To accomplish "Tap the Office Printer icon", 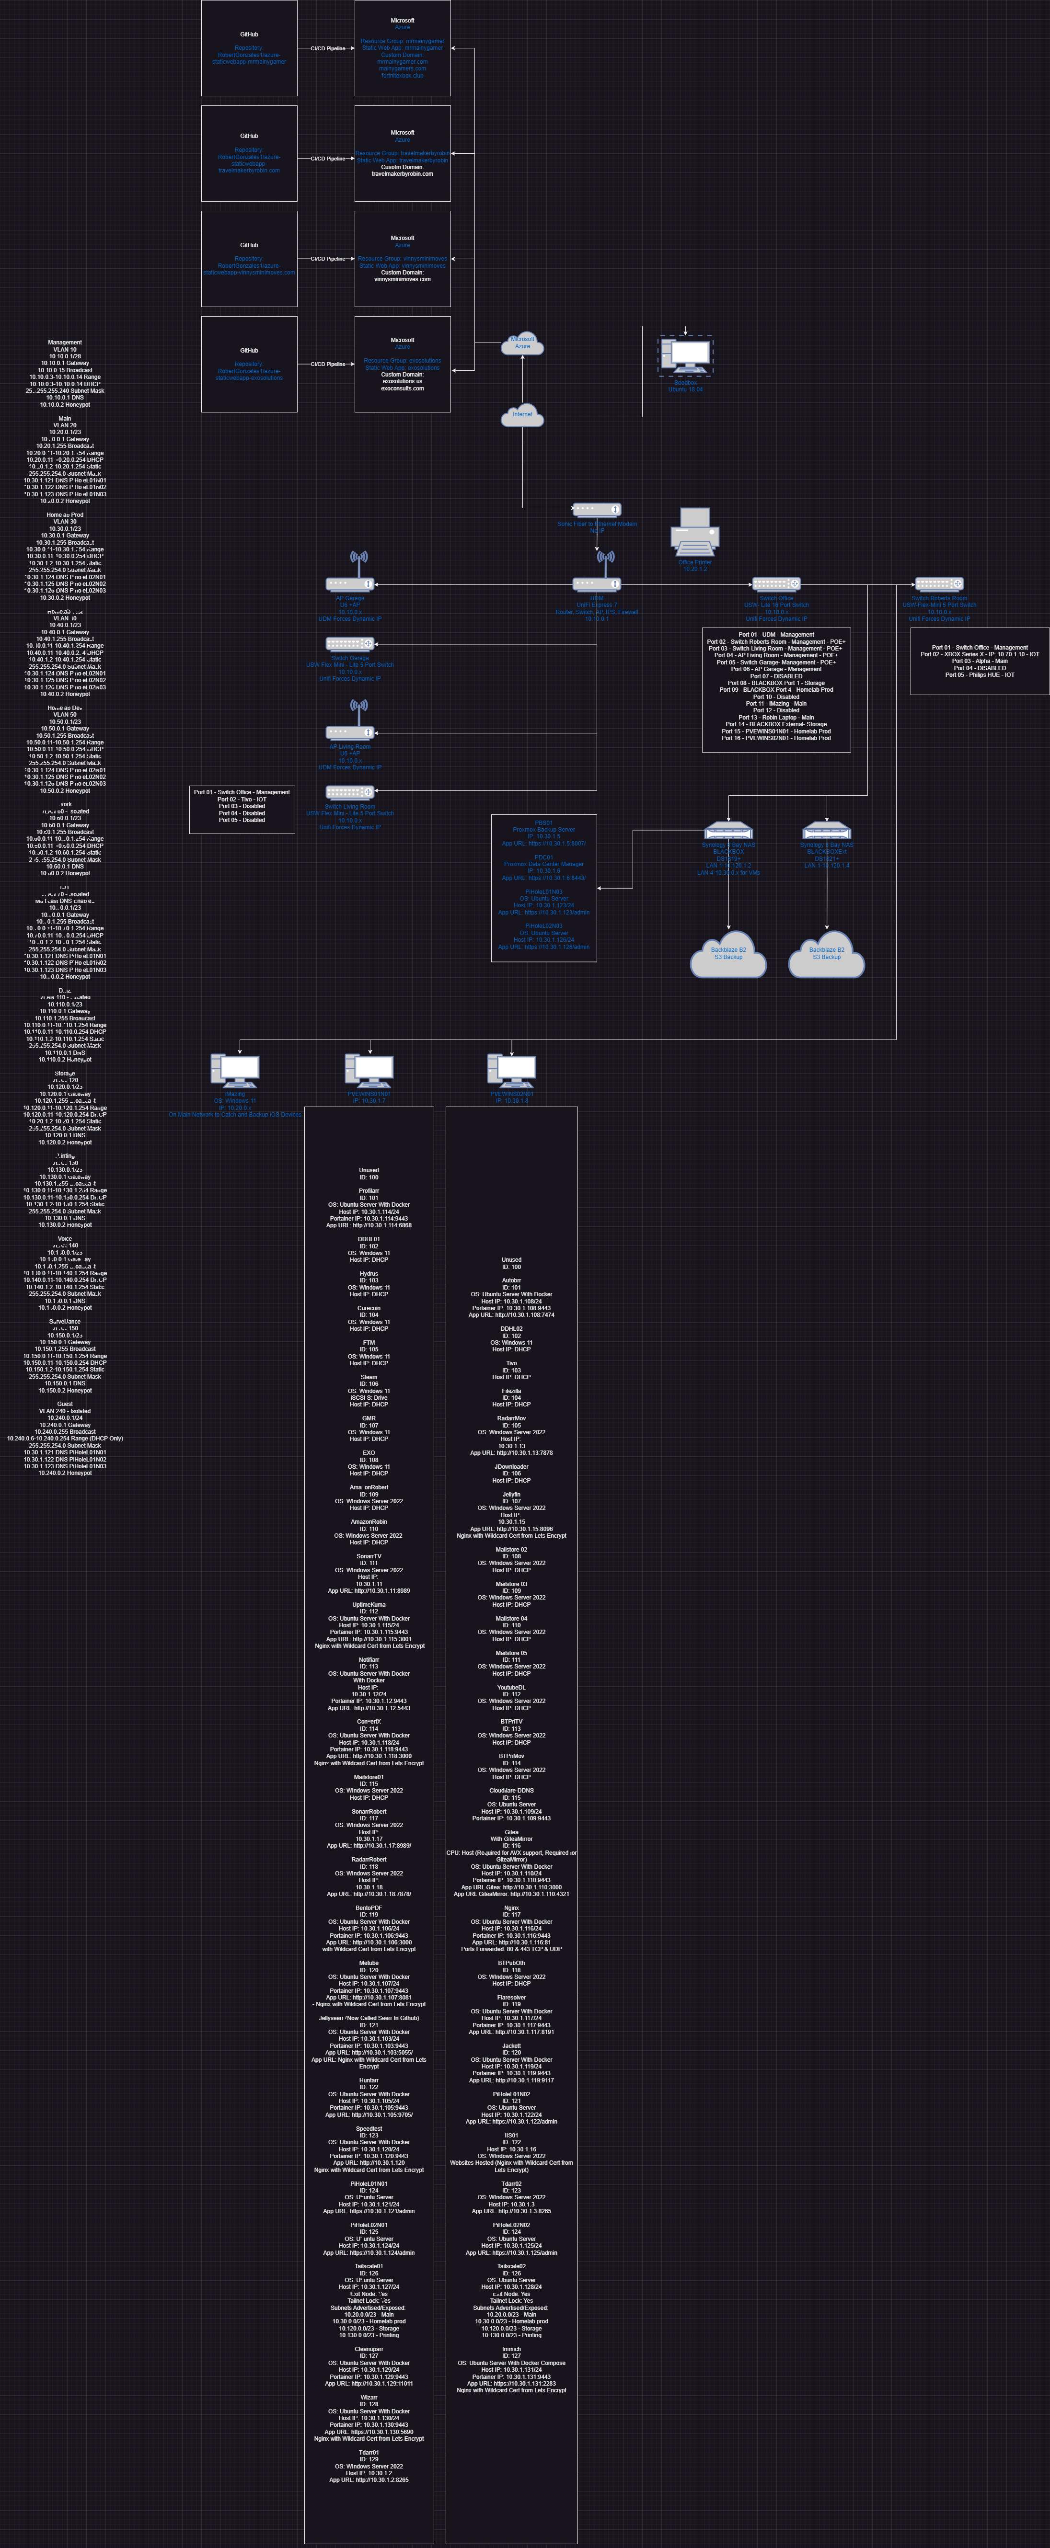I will [695, 532].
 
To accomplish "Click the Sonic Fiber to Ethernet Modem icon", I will [597, 509].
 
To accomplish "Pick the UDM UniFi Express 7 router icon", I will [597, 583].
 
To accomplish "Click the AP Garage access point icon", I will [350, 583].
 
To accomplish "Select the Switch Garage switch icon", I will [350, 644].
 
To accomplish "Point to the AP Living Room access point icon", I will [350, 732].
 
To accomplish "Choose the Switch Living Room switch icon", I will [350, 792].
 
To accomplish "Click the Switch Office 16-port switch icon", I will [776, 583].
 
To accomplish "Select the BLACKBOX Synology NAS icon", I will [728, 831].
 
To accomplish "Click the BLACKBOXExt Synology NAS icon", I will [826, 831].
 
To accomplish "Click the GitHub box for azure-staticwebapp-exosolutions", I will [249, 364].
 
